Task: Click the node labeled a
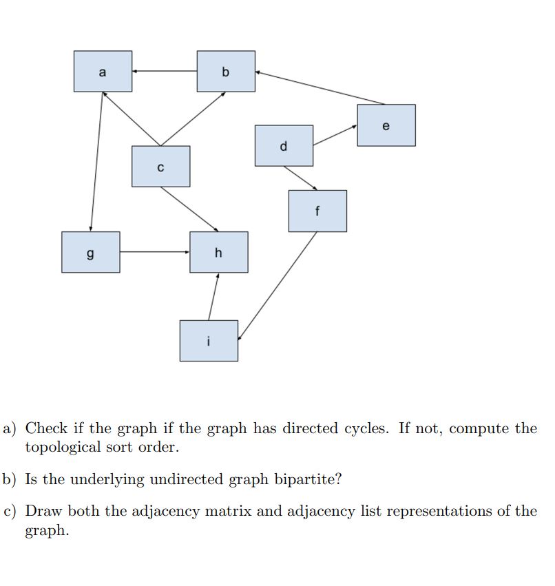(103, 71)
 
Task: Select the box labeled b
(226, 71)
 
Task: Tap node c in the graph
(160, 166)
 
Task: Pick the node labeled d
(284, 145)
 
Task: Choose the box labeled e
(386, 125)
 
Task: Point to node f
(317, 211)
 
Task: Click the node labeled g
(90, 252)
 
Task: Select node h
(219, 252)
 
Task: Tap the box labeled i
(209, 340)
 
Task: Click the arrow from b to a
(165, 71)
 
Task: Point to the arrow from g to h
(155, 252)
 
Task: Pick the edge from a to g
(96, 161)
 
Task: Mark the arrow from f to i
(277, 285)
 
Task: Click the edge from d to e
(335, 135)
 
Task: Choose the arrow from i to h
(213, 297)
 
